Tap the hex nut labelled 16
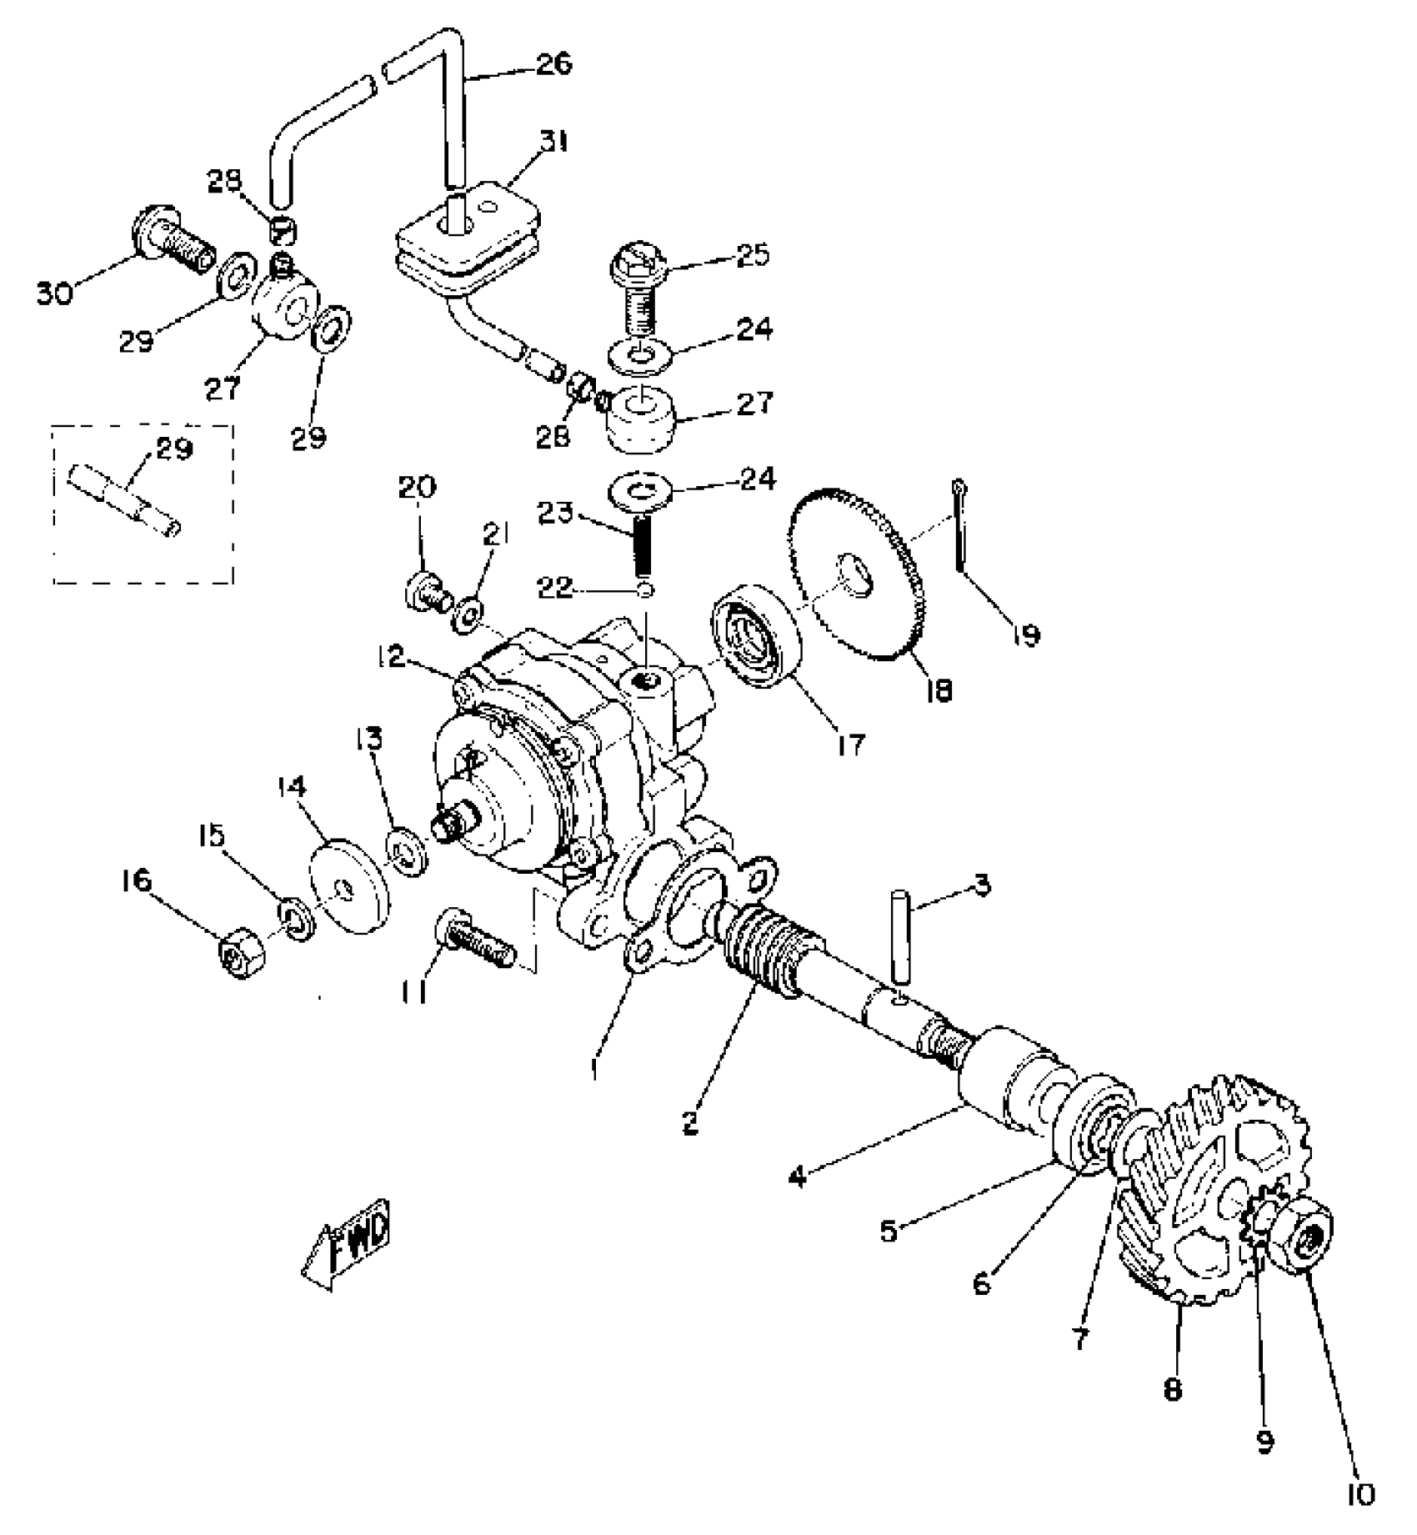point(241,951)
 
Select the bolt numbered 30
point(173,235)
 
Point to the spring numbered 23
point(643,544)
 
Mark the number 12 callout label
point(391,657)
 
